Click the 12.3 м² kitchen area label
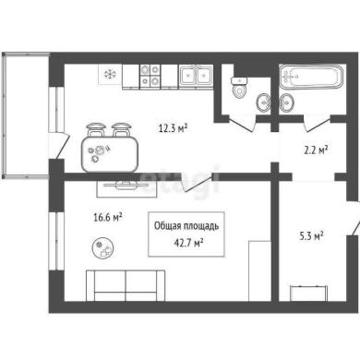[174, 127]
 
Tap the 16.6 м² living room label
[108, 218]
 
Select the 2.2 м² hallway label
[316, 150]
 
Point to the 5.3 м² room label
[311, 236]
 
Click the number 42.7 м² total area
[188, 243]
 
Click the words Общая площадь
[186, 226]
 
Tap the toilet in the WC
[239, 88]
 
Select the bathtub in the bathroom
[311, 76]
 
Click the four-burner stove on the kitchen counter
[150, 75]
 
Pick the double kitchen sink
[196, 75]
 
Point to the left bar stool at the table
[95, 130]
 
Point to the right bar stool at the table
[121, 130]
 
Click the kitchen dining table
[110, 154]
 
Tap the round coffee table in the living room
[103, 247]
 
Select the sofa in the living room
[126, 285]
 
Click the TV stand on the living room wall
[127, 188]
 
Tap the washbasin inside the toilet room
[263, 102]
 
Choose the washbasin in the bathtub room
[287, 102]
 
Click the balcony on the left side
[26, 115]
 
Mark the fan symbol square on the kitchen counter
[110, 74]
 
